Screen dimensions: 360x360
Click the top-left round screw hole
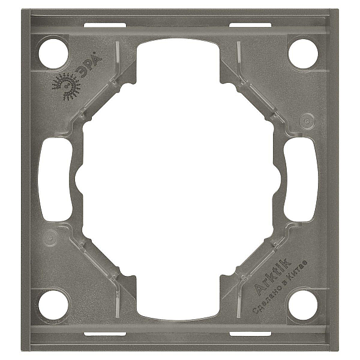(53, 53)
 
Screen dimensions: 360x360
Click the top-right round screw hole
(303, 53)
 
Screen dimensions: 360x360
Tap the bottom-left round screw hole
(53, 305)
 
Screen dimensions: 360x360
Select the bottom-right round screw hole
(303, 305)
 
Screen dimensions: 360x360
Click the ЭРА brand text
(89, 64)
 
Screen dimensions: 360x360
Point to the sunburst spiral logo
(66, 87)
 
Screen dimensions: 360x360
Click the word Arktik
(273, 277)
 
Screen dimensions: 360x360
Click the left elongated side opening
(55, 179)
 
